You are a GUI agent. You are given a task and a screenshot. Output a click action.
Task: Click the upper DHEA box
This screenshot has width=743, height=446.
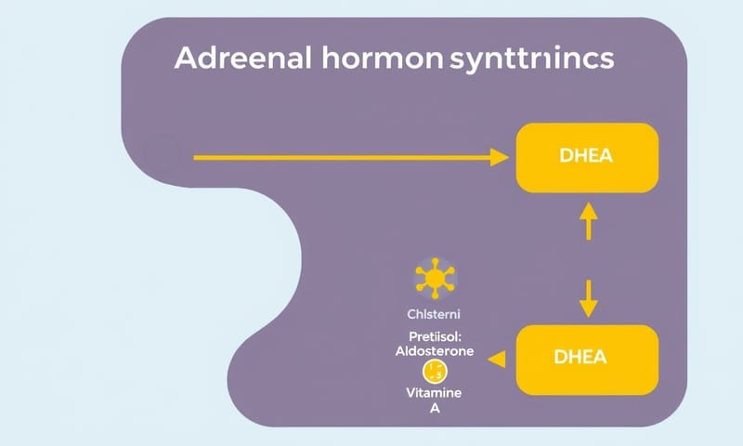click(x=586, y=157)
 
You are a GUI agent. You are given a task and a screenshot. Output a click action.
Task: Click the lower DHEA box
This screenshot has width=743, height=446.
click(x=586, y=356)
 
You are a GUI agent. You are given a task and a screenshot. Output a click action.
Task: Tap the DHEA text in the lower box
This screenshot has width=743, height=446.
click(x=586, y=356)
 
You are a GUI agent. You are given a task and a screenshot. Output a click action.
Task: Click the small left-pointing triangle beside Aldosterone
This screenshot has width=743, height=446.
click(x=497, y=356)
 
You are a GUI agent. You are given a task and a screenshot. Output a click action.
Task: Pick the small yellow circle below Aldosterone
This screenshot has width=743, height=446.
click(x=433, y=374)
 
